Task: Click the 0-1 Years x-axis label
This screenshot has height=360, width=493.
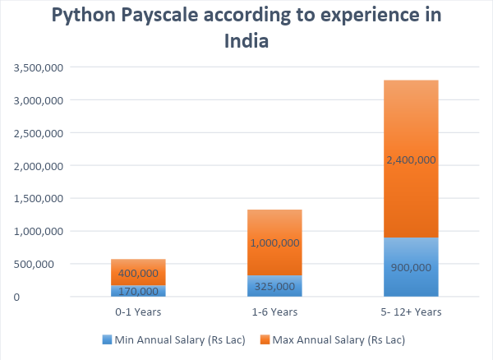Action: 137,312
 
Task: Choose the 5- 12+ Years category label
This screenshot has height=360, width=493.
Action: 410,312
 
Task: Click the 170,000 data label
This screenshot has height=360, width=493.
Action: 137,291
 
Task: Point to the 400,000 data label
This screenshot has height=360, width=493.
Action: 137,273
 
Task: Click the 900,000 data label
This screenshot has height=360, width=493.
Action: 410,267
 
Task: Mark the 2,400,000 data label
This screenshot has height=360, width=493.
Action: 410,159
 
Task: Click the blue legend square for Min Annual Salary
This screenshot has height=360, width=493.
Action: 107,339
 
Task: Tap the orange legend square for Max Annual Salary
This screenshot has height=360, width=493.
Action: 265,339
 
